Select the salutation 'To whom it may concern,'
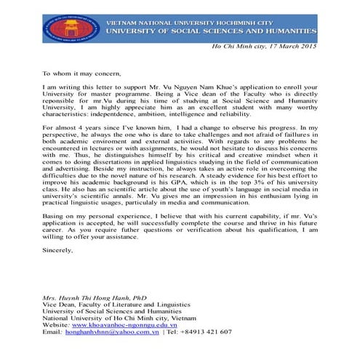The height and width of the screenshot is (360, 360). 81,73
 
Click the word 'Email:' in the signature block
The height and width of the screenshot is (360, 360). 53,332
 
